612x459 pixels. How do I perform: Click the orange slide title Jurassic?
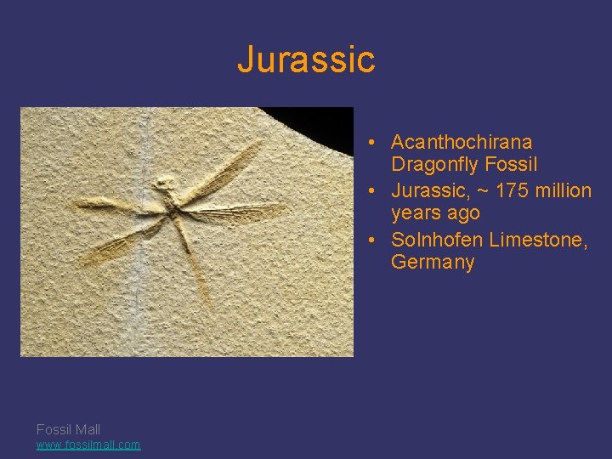point(306,59)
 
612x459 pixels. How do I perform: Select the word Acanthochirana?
point(462,142)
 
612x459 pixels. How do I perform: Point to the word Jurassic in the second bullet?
point(428,190)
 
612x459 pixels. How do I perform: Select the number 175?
point(511,190)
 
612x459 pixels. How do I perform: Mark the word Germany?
point(433,263)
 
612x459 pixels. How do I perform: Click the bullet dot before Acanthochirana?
point(373,143)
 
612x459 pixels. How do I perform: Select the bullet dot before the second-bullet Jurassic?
point(373,191)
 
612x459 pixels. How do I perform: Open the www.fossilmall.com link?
point(88,445)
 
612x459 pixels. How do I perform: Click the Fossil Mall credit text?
point(68,429)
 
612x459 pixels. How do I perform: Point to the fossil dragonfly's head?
point(163,182)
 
